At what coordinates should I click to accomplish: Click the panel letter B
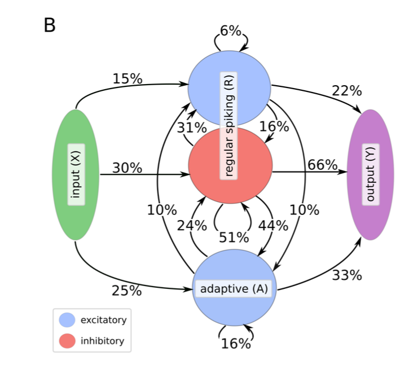50,25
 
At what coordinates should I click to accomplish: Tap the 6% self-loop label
231,31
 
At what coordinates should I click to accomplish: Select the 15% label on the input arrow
128,78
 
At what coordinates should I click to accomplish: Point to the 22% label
346,91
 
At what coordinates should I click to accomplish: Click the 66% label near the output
322,165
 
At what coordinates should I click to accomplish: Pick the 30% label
127,168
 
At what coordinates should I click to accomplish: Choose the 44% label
273,226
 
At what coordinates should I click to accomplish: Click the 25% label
126,291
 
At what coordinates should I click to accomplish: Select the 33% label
346,275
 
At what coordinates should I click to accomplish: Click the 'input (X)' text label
76,174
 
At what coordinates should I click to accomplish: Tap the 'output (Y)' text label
371,174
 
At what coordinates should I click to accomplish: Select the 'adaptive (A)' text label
234,289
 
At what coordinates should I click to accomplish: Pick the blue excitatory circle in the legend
67,320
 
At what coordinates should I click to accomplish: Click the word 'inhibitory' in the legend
102,341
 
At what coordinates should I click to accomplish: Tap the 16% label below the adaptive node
235,343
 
